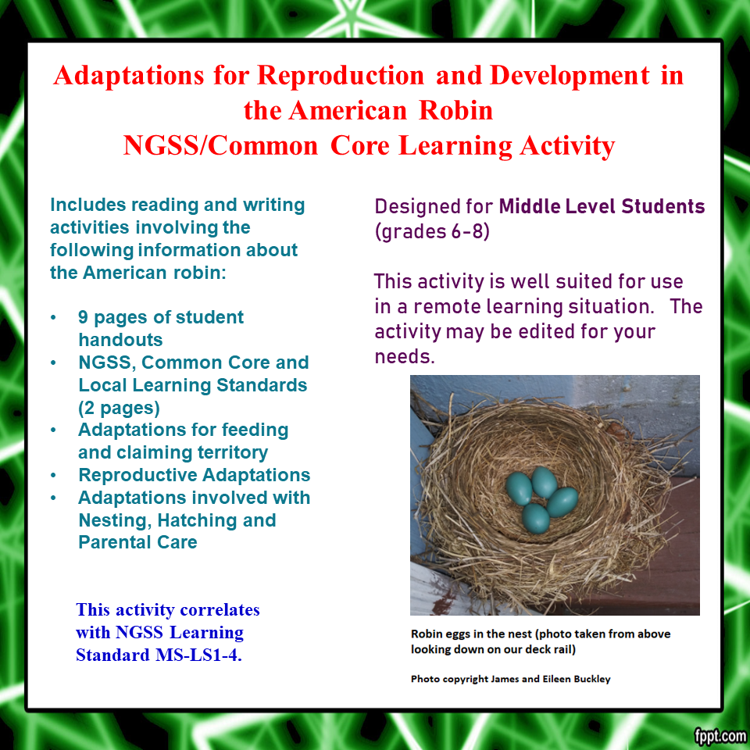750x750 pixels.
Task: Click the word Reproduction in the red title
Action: pyautogui.click(x=341, y=76)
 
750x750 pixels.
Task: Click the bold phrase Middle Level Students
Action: pyautogui.click(x=602, y=207)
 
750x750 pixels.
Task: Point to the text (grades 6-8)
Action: pyautogui.click(x=432, y=232)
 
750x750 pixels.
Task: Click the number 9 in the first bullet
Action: pyautogui.click(x=84, y=318)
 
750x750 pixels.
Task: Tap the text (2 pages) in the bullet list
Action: pyautogui.click(x=119, y=408)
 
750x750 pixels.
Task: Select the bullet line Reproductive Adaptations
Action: pyautogui.click(x=195, y=475)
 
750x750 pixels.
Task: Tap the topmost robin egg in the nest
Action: pyautogui.click(x=544, y=481)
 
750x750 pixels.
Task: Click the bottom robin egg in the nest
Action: pyautogui.click(x=535, y=516)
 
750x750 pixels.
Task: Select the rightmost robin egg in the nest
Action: pyautogui.click(x=562, y=501)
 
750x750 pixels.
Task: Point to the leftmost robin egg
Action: pyautogui.click(x=518, y=487)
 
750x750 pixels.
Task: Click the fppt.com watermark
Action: pyautogui.click(x=720, y=735)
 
